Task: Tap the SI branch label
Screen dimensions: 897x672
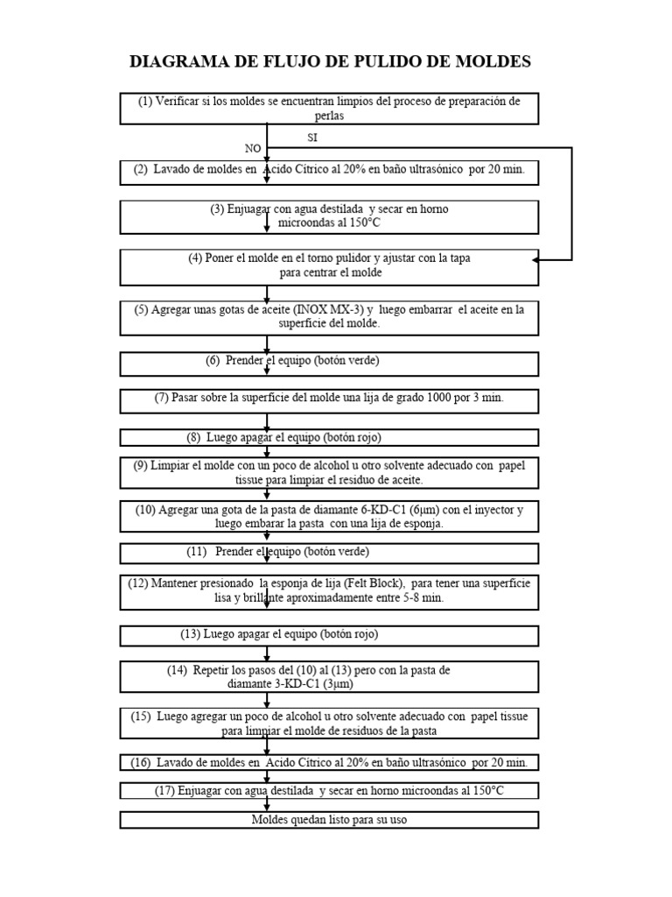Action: (313, 138)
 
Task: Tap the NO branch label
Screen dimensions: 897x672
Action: (252, 149)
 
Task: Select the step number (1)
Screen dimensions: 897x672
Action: (145, 102)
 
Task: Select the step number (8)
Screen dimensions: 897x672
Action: (194, 437)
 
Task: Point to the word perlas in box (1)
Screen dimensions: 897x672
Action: (329, 115)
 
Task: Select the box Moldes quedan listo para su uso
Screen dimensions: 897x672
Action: (329, 820)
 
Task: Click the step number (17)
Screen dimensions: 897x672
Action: (164, 791)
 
